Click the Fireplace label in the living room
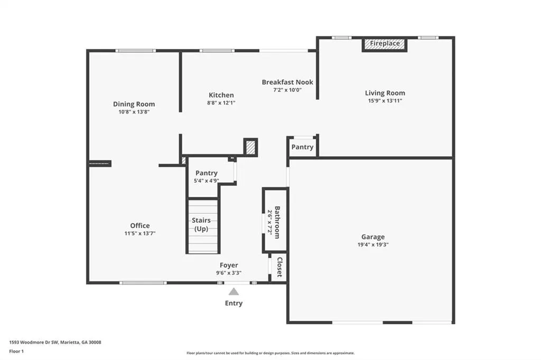(385, 43)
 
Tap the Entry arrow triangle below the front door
(234, 292)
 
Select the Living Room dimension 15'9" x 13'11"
(385, 101)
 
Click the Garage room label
(373, 237)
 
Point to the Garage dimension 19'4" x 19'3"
(373, 245)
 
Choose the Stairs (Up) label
(201, 224)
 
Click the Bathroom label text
(277, 222)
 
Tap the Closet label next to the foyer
(280, 267)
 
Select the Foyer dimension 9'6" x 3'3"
(229, 273)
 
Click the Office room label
(139, 225)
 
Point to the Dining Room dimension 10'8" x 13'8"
(134, 112)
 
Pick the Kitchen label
(221, 95)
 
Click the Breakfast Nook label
(287, 82)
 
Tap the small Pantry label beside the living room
(302, 147)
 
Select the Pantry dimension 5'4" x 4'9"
(207, 181)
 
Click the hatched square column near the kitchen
(250, 148)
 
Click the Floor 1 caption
(16, 352)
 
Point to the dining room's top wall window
(136, 51)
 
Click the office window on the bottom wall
(143, 283)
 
